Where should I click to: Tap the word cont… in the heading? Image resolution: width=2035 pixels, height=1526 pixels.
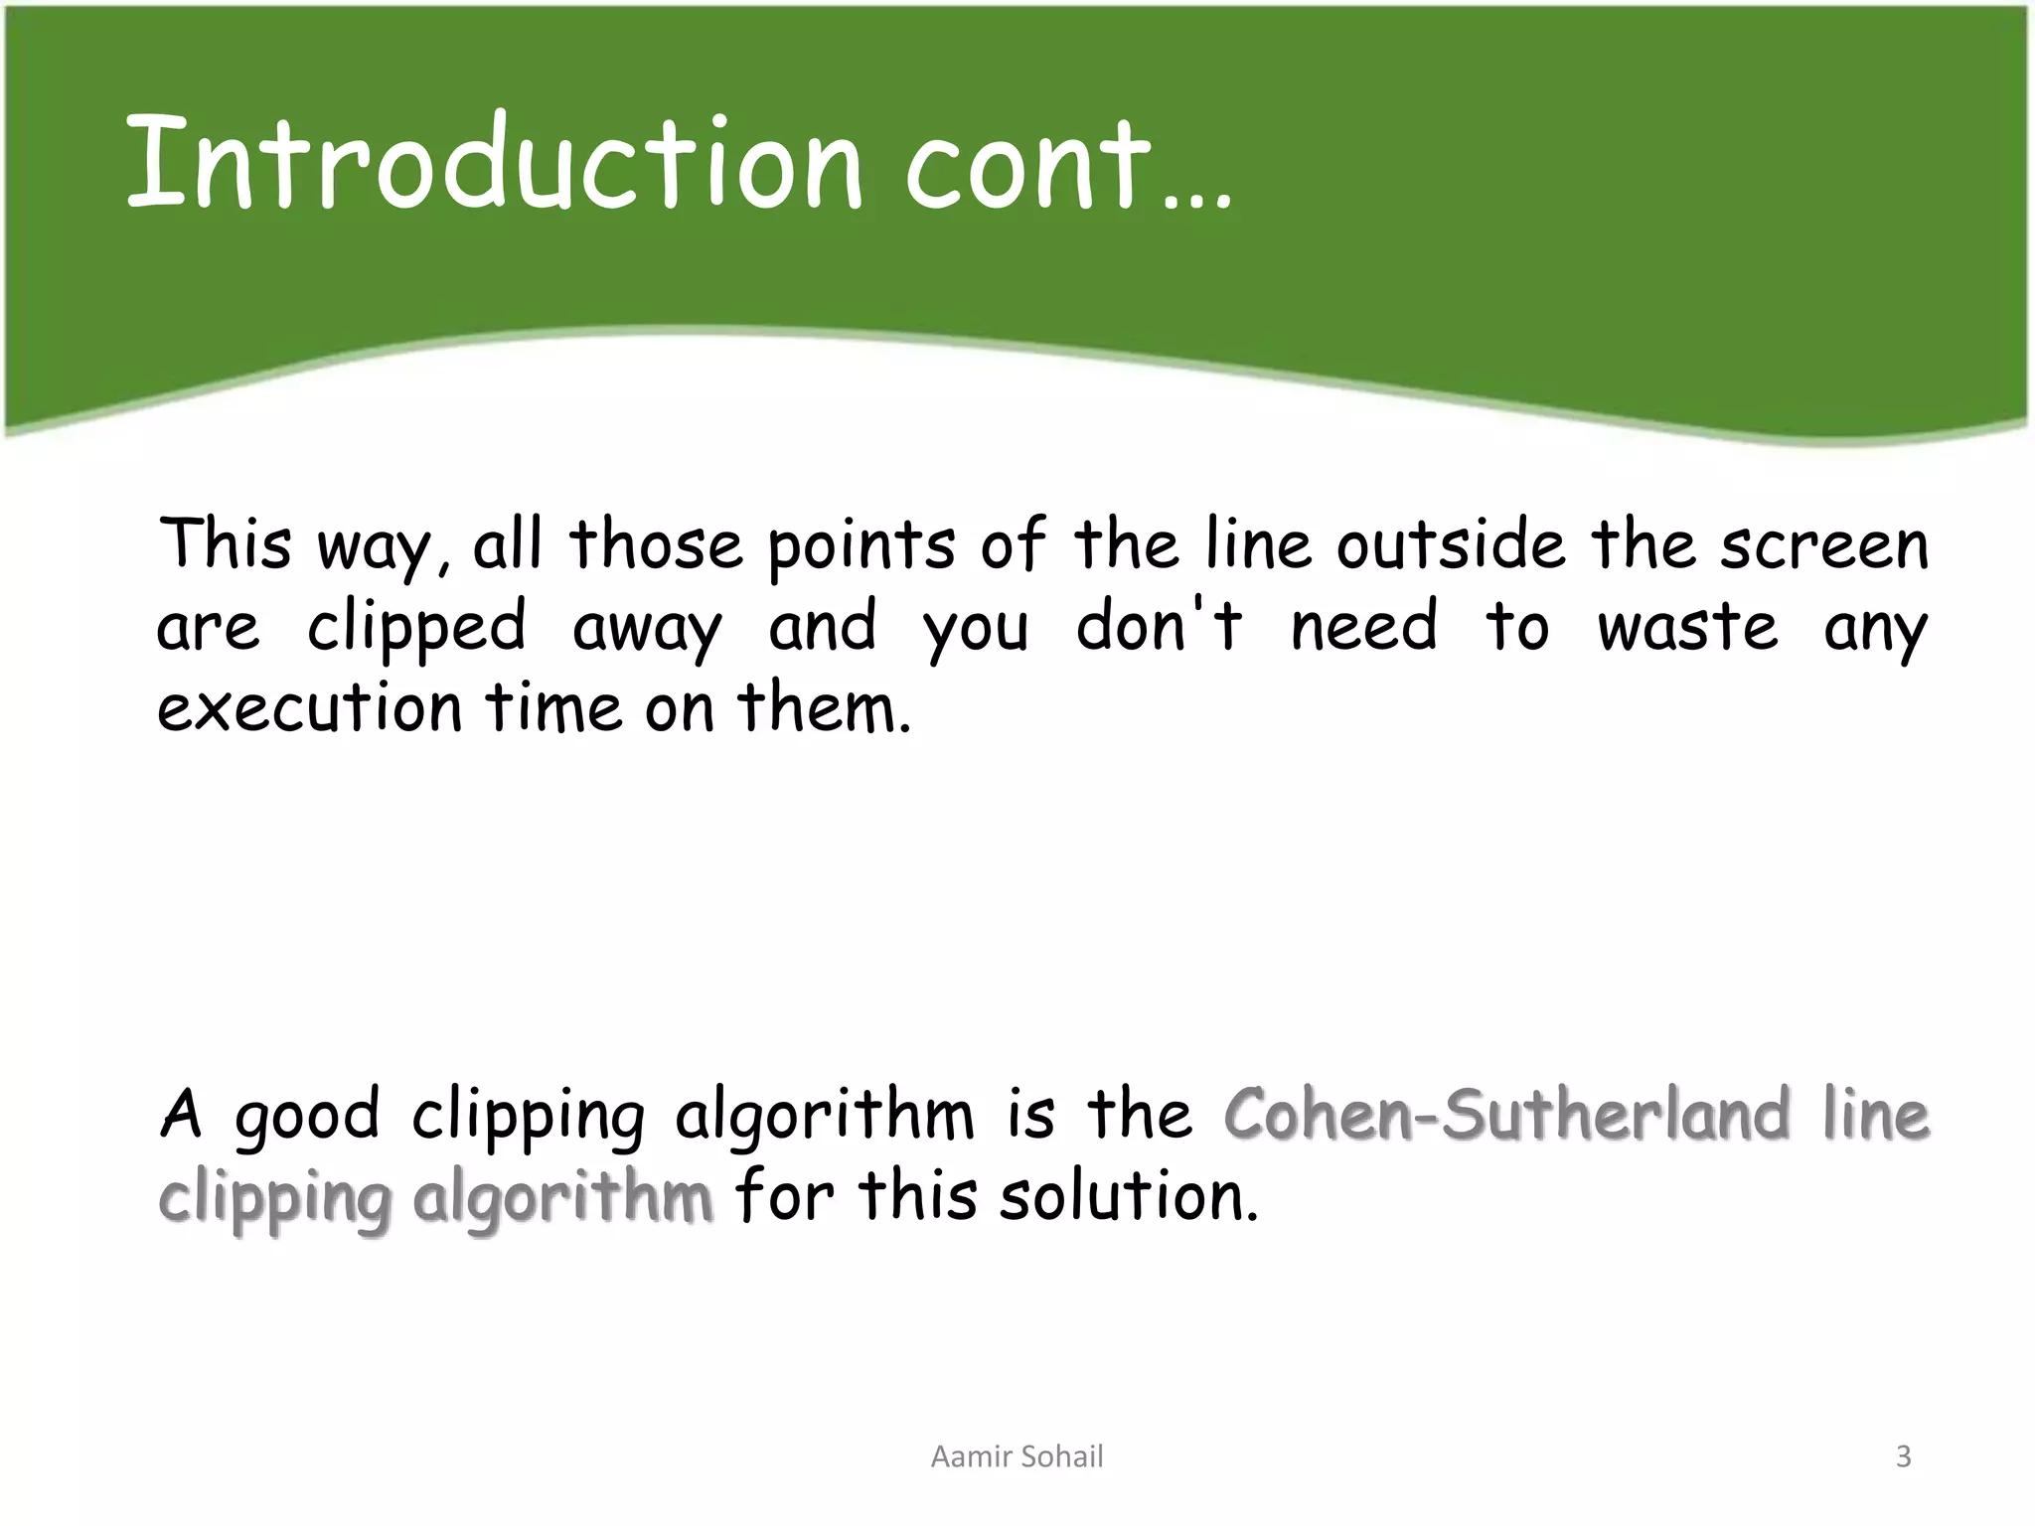pos(1068,164)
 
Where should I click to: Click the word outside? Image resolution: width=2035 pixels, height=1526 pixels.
pos(1450,545)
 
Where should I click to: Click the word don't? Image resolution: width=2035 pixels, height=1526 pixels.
pos(1159,627)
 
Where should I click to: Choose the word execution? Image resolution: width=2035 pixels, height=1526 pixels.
pos(310,709)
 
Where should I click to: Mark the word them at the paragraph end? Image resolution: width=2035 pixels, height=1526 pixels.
pos(823,709)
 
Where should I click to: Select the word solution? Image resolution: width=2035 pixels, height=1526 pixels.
pos(1129,1196)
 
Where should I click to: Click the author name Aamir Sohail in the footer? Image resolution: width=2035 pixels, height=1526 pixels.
pos(1017,1456)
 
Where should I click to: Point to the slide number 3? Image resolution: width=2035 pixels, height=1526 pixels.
pos(1903,1456)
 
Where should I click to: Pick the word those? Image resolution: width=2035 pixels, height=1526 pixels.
pos(656,545)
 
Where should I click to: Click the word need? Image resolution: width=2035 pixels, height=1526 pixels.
pos(1363,628)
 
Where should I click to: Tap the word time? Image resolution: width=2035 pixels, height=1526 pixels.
pos(551,709)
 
